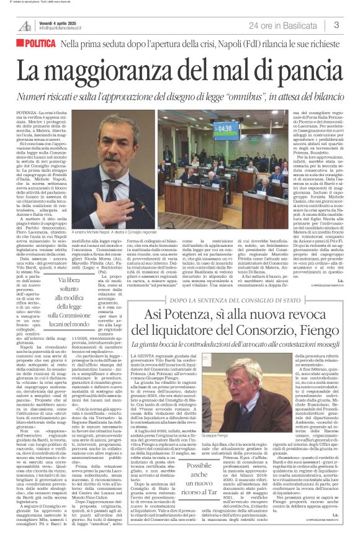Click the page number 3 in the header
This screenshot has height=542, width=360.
tap(336, 25)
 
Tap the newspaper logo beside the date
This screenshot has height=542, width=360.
tap(25, 25)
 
